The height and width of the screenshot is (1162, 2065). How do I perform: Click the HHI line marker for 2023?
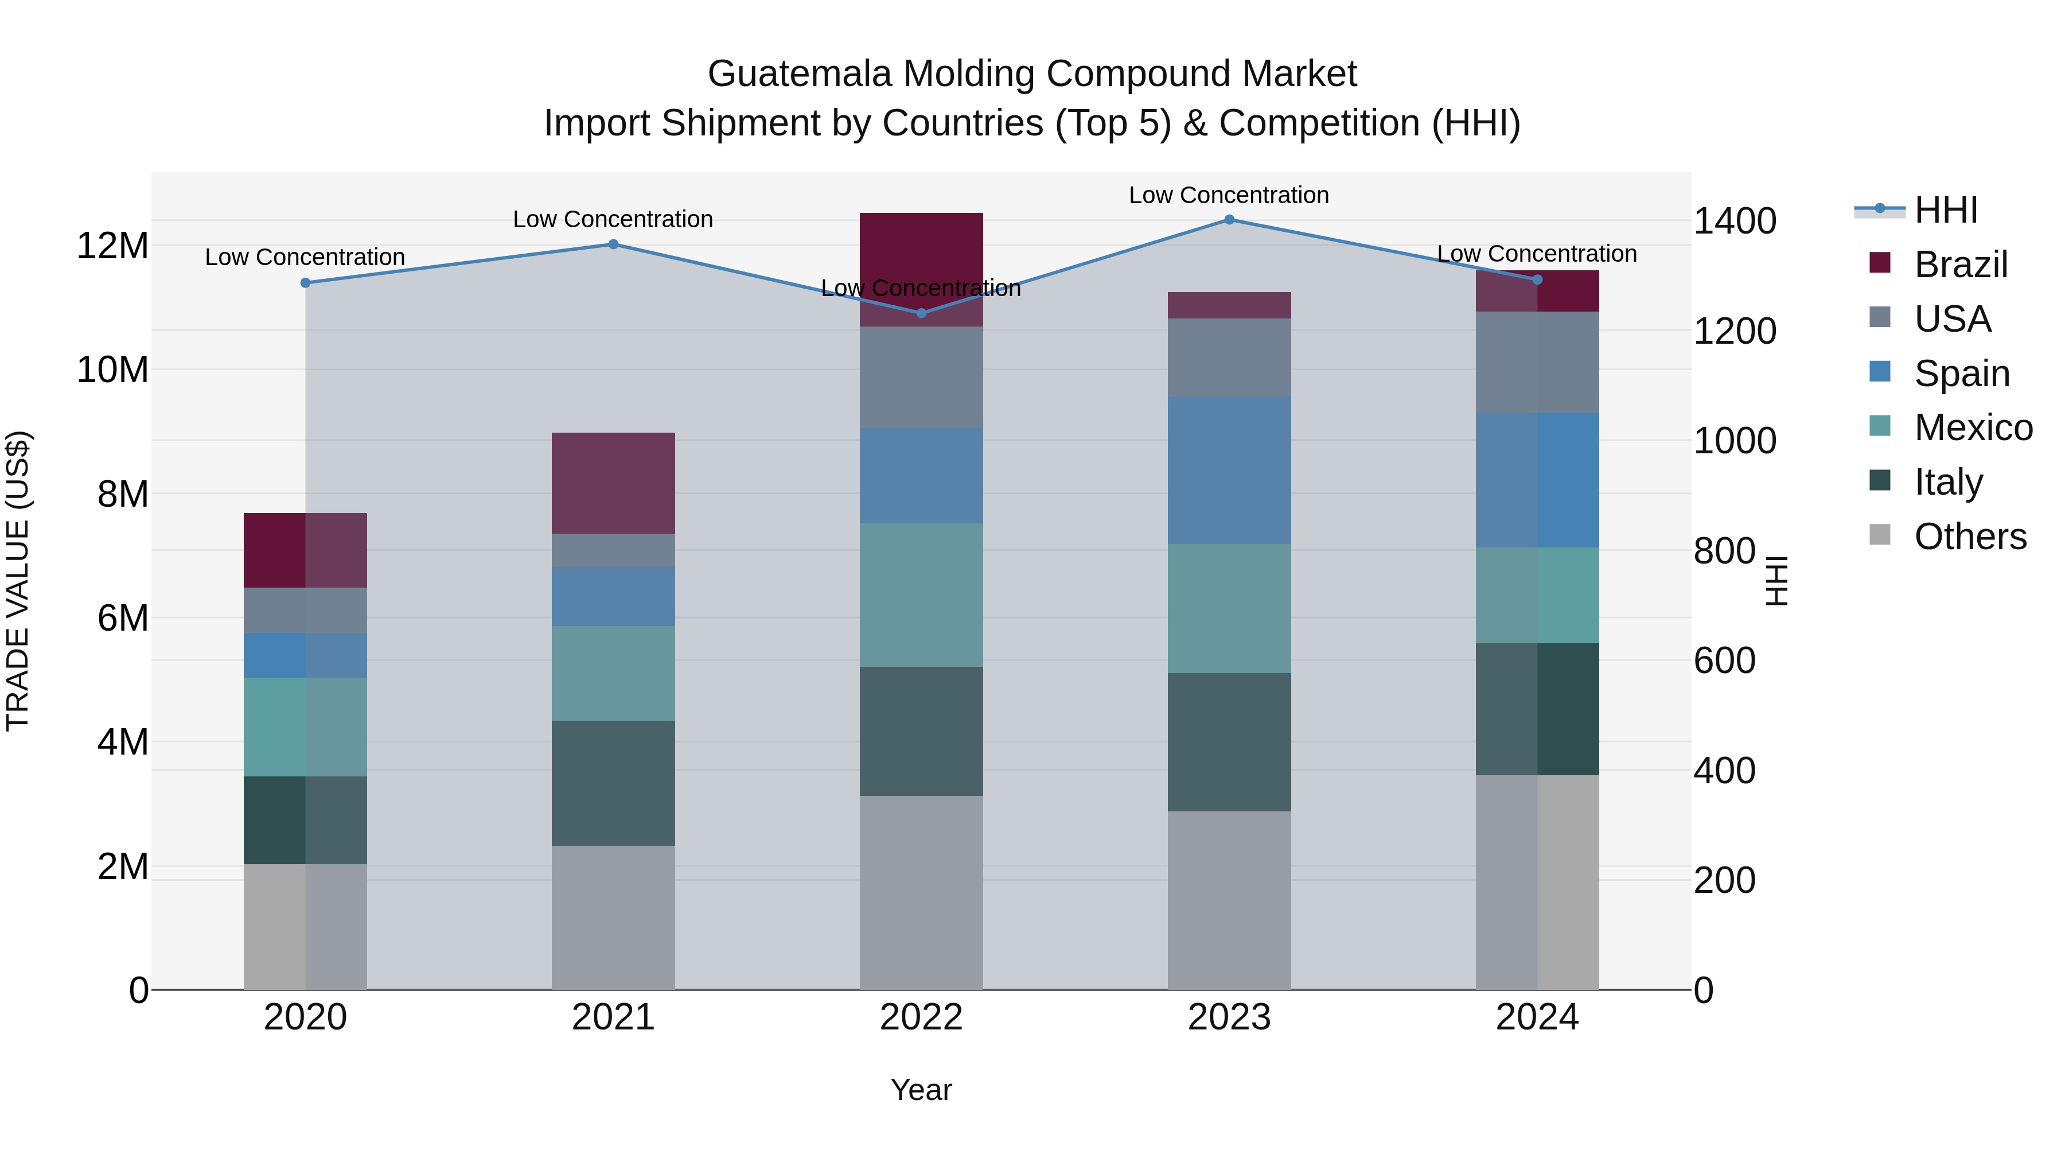(1229, 220)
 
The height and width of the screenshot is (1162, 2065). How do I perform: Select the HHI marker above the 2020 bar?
(305, 283)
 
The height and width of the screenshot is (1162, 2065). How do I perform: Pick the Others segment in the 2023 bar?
(1229, 900)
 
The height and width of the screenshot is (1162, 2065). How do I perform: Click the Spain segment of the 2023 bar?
(1229, 470)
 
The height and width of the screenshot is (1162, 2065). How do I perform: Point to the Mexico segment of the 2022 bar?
(921, 595)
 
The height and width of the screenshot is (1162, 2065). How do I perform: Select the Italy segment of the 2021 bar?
(613, 783)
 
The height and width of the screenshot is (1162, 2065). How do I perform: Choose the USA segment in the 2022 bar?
(921, 377)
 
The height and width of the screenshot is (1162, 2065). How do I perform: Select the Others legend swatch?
(1880, 535)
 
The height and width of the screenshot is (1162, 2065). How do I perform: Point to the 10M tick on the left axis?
(112, 370)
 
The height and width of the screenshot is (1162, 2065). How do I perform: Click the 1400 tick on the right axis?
(1735, 221)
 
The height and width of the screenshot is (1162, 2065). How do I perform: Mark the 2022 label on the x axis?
(921, 1017)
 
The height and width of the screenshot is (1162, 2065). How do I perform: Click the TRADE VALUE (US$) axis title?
(18, 581)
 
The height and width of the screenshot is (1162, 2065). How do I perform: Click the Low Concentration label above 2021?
(613, 219)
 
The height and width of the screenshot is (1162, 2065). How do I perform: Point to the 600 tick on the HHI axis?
(1724, 661)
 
